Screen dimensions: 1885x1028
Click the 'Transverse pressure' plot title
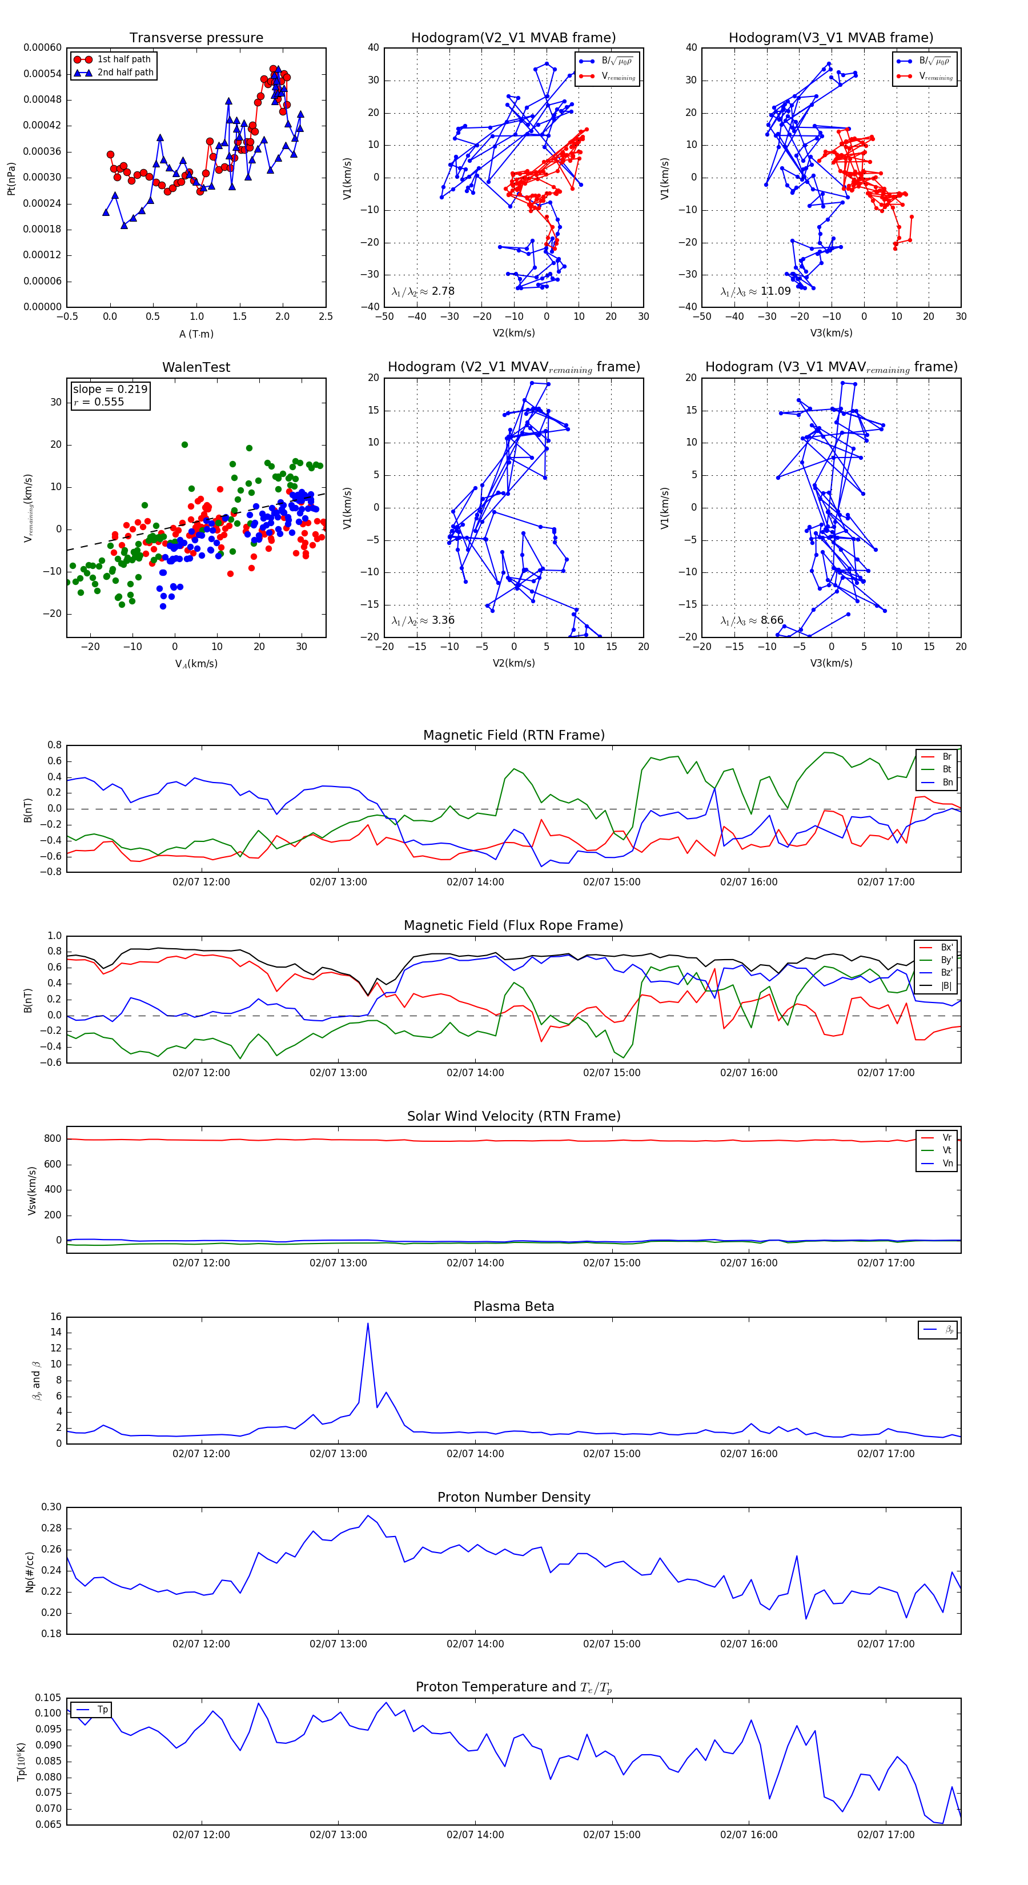196,38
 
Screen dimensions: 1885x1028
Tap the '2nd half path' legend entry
125,73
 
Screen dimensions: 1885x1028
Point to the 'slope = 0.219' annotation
110,390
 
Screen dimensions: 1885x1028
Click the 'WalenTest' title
196,367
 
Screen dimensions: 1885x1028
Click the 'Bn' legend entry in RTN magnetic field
947,782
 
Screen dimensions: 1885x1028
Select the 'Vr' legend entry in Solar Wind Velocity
947,1138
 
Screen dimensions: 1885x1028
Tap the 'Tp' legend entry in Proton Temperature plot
102,1710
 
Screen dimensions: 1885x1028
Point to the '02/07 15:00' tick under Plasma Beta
611,1454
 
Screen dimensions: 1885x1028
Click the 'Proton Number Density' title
513,1497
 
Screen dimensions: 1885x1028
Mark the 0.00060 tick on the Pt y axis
42,47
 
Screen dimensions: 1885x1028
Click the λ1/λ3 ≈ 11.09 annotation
756,291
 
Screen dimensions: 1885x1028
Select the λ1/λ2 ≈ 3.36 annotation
423,620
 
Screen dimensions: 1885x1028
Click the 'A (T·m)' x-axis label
196,334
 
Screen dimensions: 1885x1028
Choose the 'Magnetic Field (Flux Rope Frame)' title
513,926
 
